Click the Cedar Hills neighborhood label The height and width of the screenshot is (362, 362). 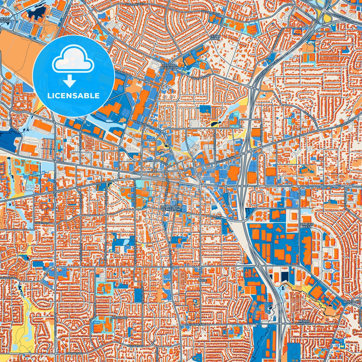(x=215, y=38)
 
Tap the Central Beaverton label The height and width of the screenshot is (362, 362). (x=169, y=66)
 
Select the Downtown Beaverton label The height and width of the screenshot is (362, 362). (x=171, y=208)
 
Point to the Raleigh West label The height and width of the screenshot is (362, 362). (x=307, y=225)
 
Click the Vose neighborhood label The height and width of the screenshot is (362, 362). (x=202, y=281)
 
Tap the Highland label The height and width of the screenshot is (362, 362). (x=119, y=318)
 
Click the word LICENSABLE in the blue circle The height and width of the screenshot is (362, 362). (x=73, y=96)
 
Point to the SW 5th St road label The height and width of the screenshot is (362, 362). (x=213, y=216)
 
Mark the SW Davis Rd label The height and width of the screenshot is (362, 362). (x=8, y=278)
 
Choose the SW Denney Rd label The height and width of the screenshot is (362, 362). (x=196, y=324)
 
